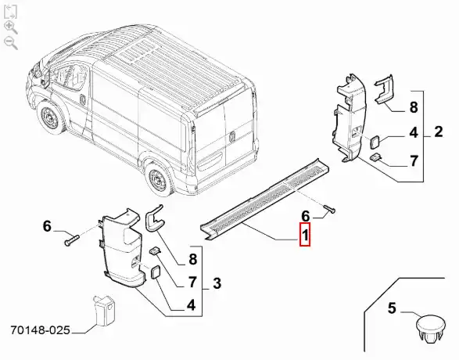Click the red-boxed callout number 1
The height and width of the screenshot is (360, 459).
coord(305,234)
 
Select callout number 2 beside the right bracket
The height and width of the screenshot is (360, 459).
coord(438,131)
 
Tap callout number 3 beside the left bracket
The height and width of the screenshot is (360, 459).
coord(217,283)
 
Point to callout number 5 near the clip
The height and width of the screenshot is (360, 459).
coord(392,308)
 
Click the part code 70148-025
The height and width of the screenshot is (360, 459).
coord(41,330)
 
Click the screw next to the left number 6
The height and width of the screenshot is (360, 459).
coord(72,239)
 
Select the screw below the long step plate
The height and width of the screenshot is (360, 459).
coord(330,209)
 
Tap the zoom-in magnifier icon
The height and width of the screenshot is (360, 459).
coord(11,27)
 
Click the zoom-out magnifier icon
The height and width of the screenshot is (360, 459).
coord(11,43)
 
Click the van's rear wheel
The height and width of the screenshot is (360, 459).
coord(160,178)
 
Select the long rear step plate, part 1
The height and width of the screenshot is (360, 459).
coord(265,200)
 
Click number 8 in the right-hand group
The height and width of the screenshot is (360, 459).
coord(414,107)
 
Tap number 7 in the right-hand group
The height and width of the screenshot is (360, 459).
coord(414,160)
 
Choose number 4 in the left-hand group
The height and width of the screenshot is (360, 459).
coord(191,305)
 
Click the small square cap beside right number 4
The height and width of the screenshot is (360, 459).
coord(375,142)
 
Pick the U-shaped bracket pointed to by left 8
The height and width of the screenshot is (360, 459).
coord(154,218)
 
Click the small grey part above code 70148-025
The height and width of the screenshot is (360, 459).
coord(104,310)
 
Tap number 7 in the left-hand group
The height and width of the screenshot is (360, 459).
coord(192,282)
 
